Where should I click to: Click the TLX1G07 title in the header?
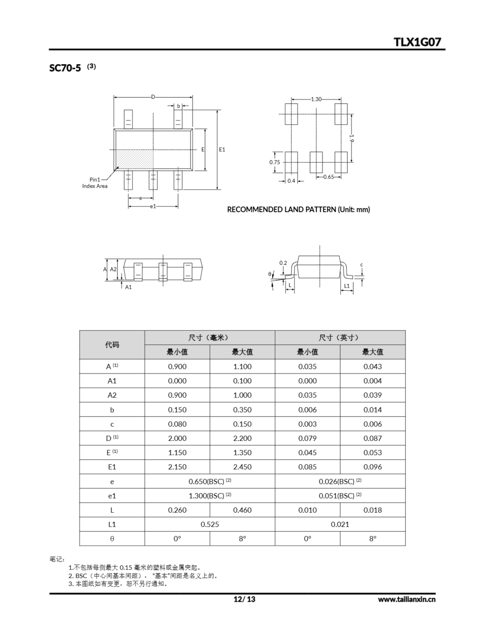coord(417,42)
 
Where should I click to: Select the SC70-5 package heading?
coord(65,68)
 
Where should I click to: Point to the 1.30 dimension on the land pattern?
coord(316,99)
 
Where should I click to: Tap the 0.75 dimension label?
coord(274,162)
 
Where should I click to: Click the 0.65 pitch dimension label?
coord(329,177)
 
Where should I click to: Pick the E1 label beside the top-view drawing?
coord(222,150)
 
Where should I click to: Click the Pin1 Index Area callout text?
coord(95,183)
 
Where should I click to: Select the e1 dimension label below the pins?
coord(153,206)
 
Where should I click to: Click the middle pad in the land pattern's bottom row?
coord(316,162)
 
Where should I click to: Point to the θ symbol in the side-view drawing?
coord(270,274)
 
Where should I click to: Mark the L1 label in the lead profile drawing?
coord(347,286)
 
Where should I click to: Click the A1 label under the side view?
coord(128,287)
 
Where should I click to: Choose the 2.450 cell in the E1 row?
coord(242,467)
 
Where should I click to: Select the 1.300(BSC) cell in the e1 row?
coord(210,496)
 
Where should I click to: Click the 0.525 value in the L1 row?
coord(210,524)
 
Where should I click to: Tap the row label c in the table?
coord(112,424)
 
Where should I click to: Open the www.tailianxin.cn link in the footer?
coord(407,599)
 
